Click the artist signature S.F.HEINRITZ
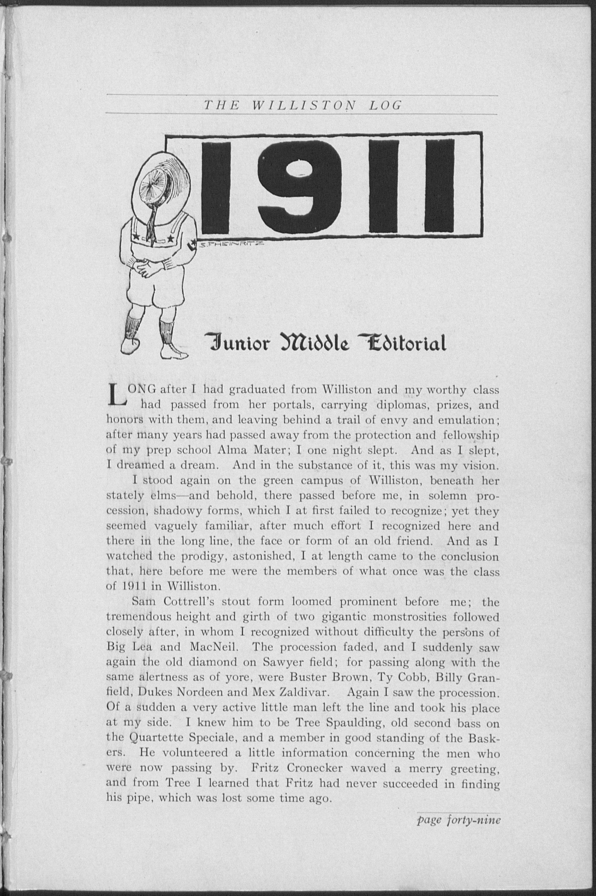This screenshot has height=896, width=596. tap(227, 246)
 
